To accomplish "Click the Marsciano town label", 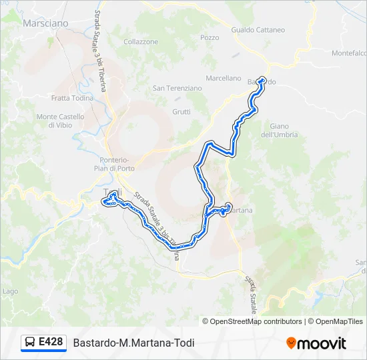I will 45,23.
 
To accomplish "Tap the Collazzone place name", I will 141,41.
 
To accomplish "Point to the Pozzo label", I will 209,37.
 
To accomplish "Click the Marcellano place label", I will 223,78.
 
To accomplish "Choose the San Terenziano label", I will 177,88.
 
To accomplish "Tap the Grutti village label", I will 181,112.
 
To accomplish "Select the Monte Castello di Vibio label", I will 60,121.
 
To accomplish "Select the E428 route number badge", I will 51,342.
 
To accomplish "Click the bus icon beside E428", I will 31,343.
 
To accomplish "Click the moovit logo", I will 316,343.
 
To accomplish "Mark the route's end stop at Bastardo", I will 262,81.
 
